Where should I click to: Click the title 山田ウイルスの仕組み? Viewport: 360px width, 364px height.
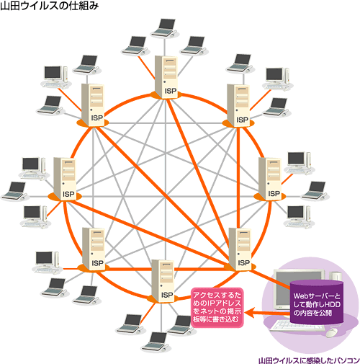tap(50, 6)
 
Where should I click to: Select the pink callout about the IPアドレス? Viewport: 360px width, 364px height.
tap(217, 307)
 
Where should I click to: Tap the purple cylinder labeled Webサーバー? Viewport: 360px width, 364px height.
tap(317, 301)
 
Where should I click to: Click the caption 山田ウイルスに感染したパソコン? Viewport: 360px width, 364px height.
tap(309, 360)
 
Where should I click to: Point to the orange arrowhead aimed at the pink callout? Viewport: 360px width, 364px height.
tap(250, 313)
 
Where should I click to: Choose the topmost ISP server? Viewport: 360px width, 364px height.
tap(166, 77)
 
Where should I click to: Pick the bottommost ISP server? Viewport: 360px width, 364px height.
tap(163, 280)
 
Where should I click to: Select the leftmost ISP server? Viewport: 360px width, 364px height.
tap(65, 179)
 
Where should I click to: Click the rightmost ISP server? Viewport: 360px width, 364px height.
tap(270, 179)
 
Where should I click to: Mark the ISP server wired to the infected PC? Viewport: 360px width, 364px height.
tap(240, 249)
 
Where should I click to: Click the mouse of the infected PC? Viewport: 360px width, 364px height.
tap(332, 333)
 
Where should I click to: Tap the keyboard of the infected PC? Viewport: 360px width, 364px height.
tap(297, 326)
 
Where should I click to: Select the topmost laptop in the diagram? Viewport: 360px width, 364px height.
tap(165, 27)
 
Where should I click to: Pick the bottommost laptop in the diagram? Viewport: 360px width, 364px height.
tap(155, 342)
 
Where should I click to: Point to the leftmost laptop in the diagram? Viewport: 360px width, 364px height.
tap(15, 191)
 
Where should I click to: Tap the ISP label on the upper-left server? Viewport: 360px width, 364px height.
tap(97, 118)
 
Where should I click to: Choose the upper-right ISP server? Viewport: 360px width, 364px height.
tap(238, 105)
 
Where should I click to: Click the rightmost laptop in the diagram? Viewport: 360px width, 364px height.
tap(315, 191)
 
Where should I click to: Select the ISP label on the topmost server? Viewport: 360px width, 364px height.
tap(171, 91)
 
